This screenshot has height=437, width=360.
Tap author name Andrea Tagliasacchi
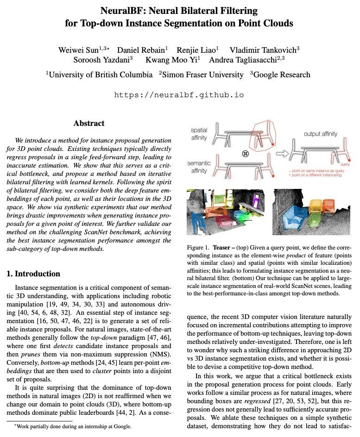pyautogui.click(x=244, y=60)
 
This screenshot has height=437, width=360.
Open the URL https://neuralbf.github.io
pyautogui.click(x=179, y=95)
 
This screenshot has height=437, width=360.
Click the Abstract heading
pyautogui.click(x=89, y=123)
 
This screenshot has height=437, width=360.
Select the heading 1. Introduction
pyautogui.click(x=33, y=273)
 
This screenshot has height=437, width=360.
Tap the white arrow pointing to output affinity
pyautogui.click(x=282, y=153)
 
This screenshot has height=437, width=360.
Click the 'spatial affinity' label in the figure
pyautogui.click(x=199, y=134)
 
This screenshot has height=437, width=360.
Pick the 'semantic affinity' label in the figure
pyautogui.click(x=199, y=167)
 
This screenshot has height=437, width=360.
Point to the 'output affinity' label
pyautogui.click(x=320, y=134)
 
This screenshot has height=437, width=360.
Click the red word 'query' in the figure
pyautogui.click(x=345, y=164)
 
